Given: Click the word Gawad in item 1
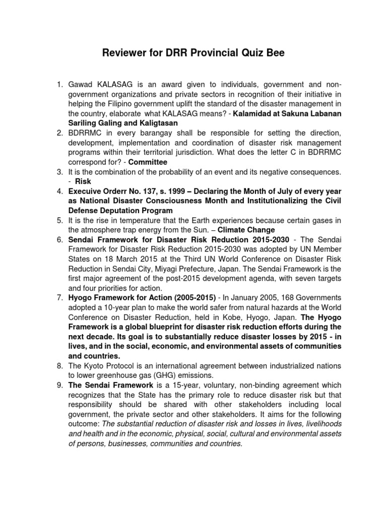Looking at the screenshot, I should pyautogui.click(x=81, y=85).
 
